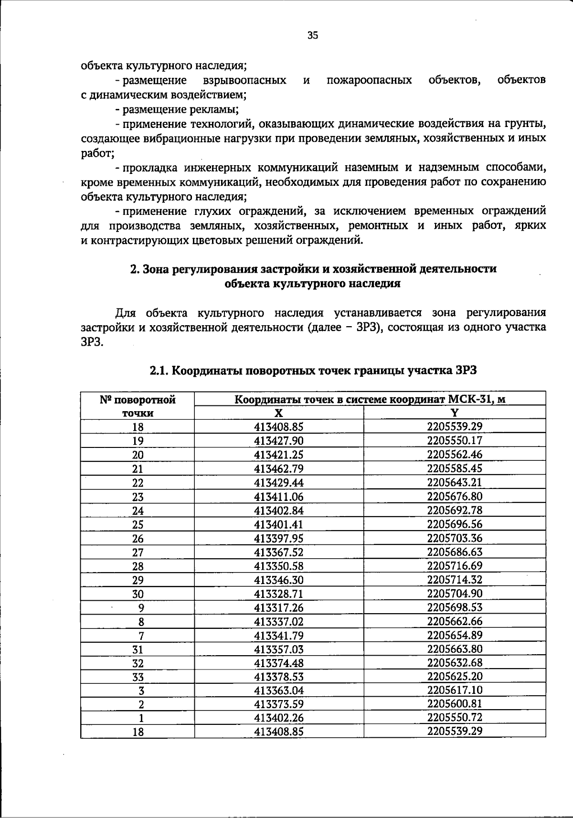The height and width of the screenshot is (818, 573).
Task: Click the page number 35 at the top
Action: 313,35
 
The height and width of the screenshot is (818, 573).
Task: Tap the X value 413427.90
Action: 279,441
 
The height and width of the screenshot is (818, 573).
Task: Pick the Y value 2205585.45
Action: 455,468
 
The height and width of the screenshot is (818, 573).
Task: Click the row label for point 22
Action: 138,483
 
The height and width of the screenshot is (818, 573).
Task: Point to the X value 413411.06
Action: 279,497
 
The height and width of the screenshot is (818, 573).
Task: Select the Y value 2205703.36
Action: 455,538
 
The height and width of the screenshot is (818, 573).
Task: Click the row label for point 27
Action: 138,552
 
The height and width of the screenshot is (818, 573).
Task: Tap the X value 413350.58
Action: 279,566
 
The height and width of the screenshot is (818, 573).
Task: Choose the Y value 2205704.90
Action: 455,594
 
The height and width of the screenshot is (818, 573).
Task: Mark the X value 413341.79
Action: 279,636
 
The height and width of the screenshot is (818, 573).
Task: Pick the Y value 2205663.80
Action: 455,649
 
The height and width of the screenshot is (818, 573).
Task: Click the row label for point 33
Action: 138,677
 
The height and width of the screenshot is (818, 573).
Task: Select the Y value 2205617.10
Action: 455,690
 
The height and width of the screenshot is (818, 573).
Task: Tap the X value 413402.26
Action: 279,718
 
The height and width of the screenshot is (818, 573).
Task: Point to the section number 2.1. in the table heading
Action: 160,371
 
